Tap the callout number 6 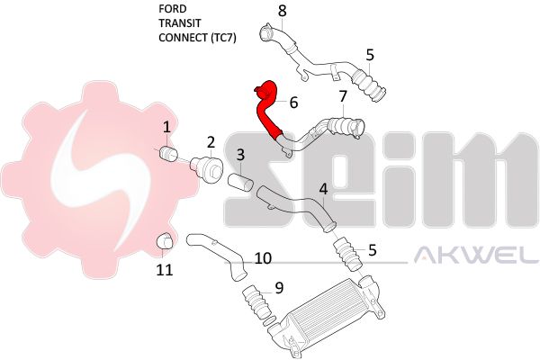[x=293, y=103]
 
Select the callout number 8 [x=282, y=11]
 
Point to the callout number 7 [x=343, y=97]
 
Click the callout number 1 [x=167, y=128]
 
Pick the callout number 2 [x=211, y=142]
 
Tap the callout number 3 [x=240, y=155]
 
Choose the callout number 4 [x=323, y=189]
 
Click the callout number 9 [x=279, y=288]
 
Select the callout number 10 [x=263, y=258]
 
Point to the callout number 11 [x=165, y=270]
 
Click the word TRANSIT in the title [x=179, y=23]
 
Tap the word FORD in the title [x=172, y=9]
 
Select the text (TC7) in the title [x=223, y=38]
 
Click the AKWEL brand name [x=476, y=255]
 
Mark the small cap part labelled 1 [x=168, y=153]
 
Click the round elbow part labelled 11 [x=165, y=241]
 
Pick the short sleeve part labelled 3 [x=240, y=183]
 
